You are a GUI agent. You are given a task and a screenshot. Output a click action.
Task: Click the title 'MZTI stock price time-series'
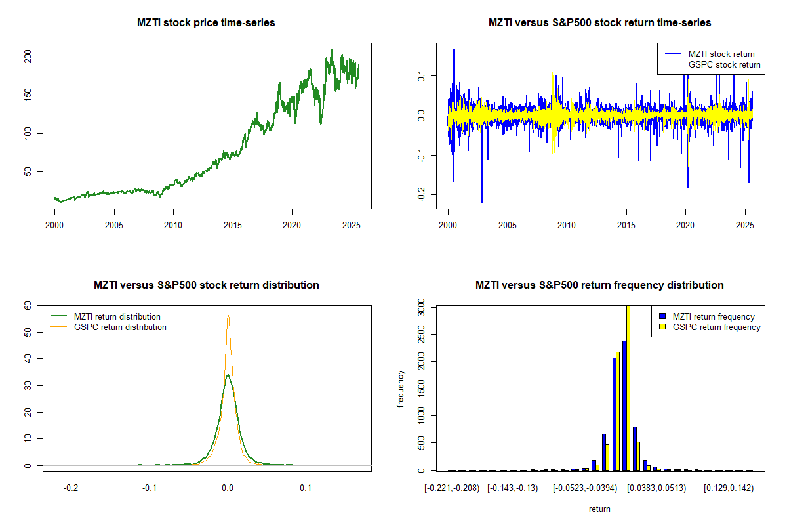click(206, 23)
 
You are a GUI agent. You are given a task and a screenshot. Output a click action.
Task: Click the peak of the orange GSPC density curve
click(228, 315)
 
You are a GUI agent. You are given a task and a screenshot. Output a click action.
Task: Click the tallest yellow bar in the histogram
click(628, 387)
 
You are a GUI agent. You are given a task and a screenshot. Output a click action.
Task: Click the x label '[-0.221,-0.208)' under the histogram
click(452, 488)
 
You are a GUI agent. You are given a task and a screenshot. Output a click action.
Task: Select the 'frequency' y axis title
click(401, 388)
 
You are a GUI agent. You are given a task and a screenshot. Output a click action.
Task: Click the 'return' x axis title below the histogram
click(599, 509)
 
